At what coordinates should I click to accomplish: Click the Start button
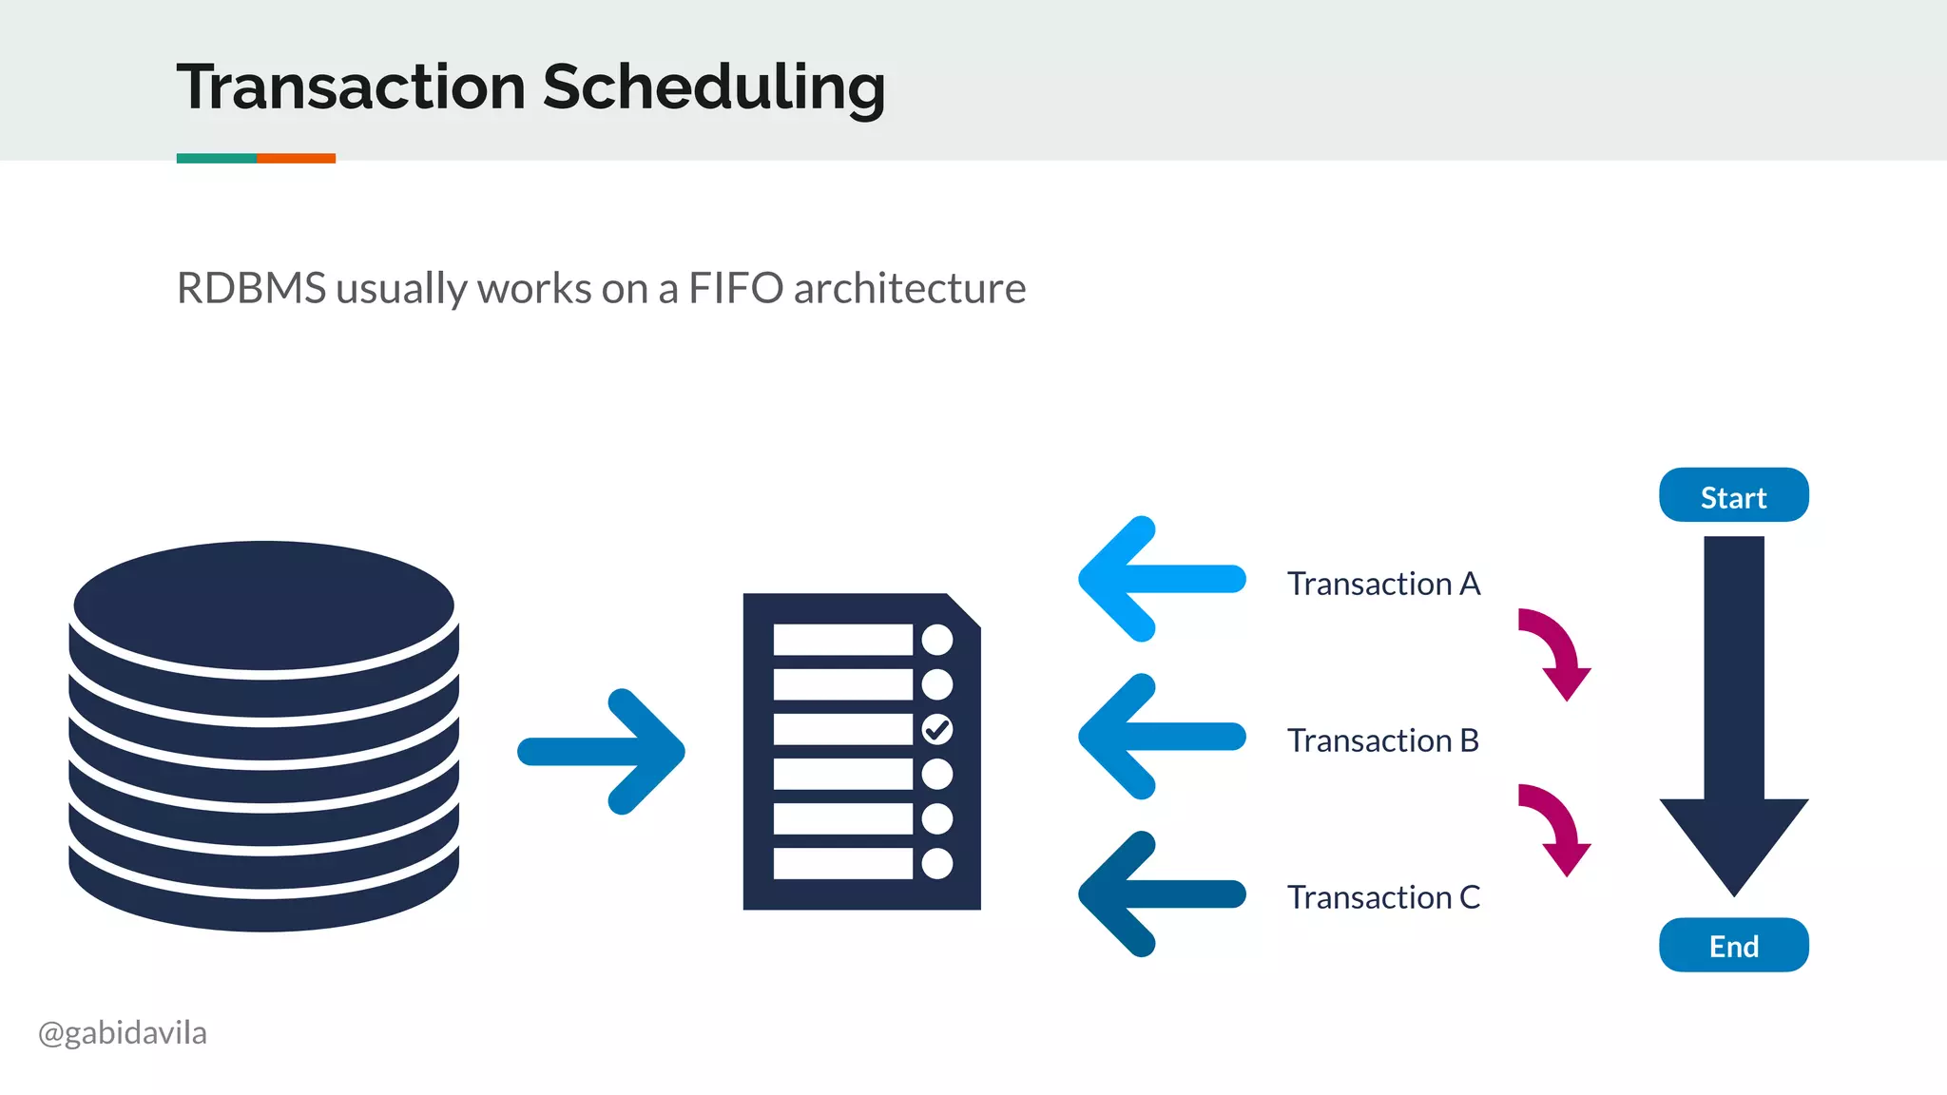point(1733,495)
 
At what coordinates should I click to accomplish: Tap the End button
point(1733,945)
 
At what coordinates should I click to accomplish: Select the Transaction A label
point(1383,584)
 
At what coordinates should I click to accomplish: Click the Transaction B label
point(1383,740)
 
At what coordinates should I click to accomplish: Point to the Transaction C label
point(1383,897)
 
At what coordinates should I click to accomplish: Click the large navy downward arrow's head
point(1733,841)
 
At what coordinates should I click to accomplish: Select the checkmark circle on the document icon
point(936,729)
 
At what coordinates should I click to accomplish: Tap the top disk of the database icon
point(264,605)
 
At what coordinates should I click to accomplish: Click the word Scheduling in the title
point(714,87)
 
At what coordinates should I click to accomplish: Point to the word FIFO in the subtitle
point(736,288)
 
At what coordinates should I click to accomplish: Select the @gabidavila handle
point(123,1032)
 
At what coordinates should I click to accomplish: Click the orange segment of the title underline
point(296,159)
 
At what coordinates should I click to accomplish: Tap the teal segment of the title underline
point(217,159)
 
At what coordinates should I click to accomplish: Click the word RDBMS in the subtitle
point(252,288)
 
